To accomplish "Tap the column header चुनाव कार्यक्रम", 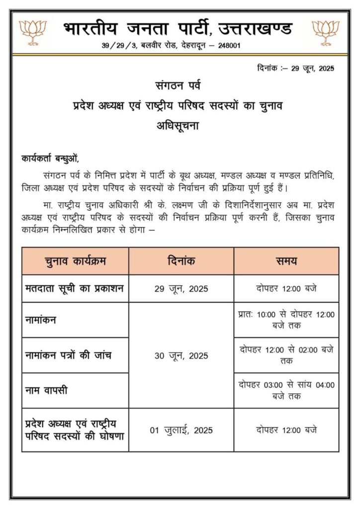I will tap(75, 261).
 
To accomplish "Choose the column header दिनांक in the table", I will tap(181, 261).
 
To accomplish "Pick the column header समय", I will tap(286, 261).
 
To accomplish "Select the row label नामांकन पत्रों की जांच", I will tap(68, 355).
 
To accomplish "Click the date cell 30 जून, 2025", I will tap(181, 355).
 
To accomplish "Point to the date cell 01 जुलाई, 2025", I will tap(181, 430).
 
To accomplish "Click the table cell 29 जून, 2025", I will tap(181, 289).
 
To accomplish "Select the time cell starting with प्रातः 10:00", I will tap(286, 320).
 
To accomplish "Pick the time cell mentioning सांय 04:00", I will tap(286, 390).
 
